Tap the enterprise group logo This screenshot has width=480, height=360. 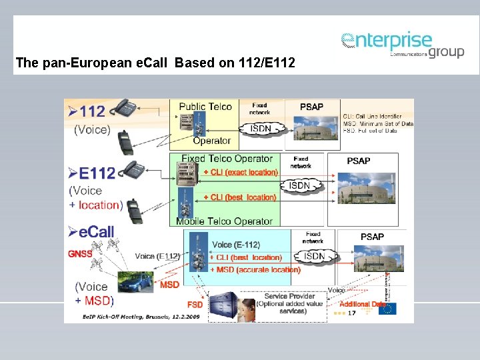click(x=402, y=45)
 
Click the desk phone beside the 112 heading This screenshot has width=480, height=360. click(x=125, y=107)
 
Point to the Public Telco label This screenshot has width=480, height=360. click(x=205, y=107)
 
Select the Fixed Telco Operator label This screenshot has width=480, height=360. click(x=227, y=159)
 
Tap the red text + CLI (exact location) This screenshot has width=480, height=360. click(x=240, y=172)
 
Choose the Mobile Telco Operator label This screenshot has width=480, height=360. click(x=224, y=221)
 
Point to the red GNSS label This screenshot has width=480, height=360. click(x=80, y=253)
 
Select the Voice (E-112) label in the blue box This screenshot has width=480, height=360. click(x=235, y=245)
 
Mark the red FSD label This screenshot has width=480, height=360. click(x=195, y=305)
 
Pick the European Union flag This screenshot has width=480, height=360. click(x=387, y=309)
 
